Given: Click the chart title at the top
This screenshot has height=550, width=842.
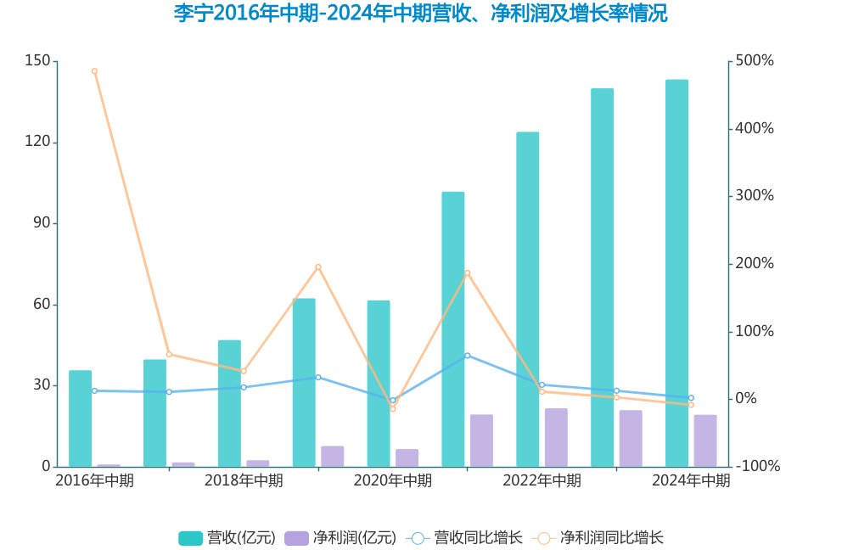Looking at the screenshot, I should coord(420,14).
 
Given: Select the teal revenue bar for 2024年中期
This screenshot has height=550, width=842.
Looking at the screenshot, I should coord(676,272).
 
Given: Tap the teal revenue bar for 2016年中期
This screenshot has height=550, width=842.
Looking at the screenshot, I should coord(81,418).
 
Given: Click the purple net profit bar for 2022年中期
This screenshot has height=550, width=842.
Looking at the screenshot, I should coord(556,437).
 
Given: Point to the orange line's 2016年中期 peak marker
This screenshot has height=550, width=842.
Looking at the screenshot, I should coord(94,71).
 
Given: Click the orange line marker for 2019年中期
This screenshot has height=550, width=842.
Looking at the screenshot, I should coord(318,267).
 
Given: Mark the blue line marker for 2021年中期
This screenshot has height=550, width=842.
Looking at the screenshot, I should coord(467,356).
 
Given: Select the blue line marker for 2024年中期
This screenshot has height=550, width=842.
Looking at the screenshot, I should coord(691,398).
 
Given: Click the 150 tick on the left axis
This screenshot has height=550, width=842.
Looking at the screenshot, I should coord(38,61).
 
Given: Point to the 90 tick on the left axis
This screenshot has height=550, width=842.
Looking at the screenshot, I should coord(42,223).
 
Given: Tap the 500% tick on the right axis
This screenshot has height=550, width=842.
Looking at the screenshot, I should coord(755,61).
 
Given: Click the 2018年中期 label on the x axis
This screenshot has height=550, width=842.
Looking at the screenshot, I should coord(244,481).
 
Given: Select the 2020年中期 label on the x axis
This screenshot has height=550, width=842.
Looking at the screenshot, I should coord(392,481).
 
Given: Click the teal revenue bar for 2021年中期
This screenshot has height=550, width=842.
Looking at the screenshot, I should coord(453,329).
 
